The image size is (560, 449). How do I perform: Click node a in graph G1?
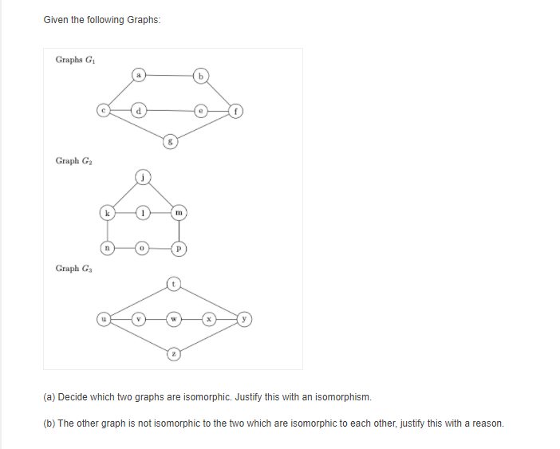pyautogui.click(x=138, y=77)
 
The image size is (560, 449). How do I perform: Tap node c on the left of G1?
pyautogui.click(x=102, y=111)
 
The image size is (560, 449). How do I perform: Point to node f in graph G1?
pyautogui.click(x=236, y=111)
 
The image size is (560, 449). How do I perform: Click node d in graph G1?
pyautogui.click(x=138, y=111)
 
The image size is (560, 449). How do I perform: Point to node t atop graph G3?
pyautogui.click(x=174, y=283)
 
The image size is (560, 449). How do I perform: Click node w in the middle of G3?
pyautogui.click(x=174, y=318)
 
